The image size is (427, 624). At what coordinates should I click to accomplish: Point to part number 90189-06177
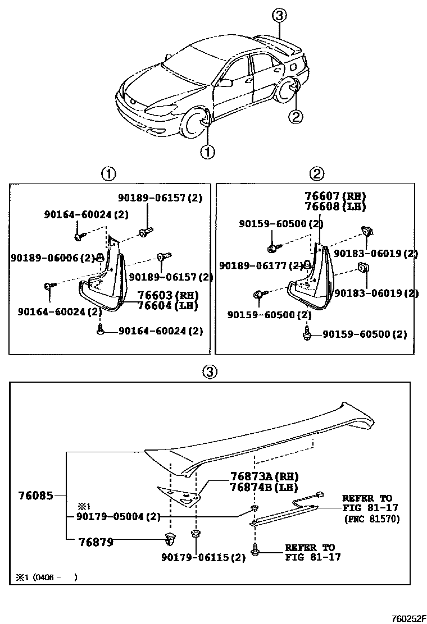coord(260,265)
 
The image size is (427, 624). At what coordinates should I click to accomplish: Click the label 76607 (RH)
coord(335,196)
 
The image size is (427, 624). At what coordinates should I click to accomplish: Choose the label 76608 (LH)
coord(335,206)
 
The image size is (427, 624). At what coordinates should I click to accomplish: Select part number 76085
coord(35,495)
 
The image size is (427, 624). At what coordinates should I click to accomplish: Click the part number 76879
coord(96,542)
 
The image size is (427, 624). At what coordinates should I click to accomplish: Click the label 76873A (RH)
coord(264,476)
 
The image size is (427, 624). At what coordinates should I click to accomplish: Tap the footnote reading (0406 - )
coord(48,577)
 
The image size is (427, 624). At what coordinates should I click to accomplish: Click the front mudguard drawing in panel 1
coord(104,281)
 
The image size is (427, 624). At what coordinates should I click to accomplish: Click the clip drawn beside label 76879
coord(170,540)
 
